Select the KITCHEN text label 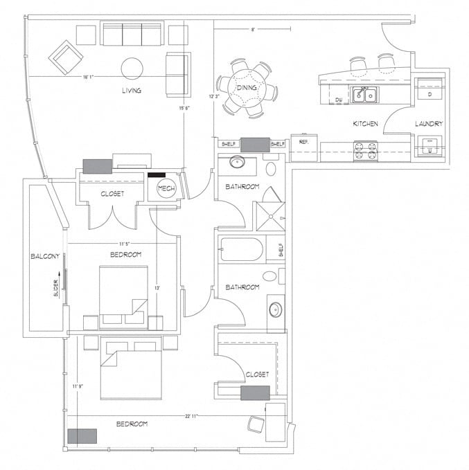(365, 123)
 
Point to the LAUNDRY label (429, 123)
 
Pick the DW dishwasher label (338, 100)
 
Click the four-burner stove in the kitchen (366, 150)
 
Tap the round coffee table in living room (132, 67)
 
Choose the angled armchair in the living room (68, 56)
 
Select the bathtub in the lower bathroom (241, 249)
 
